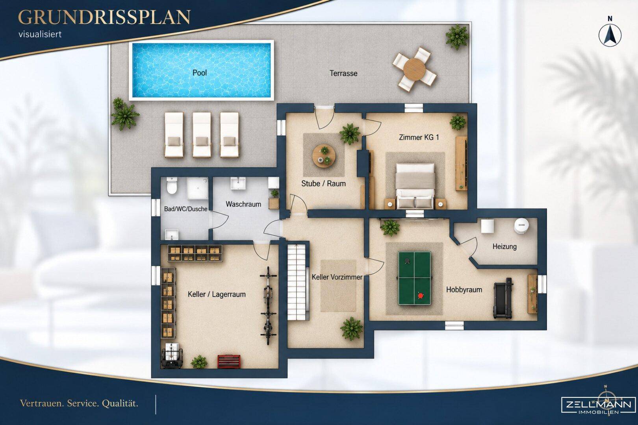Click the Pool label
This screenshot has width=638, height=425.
[x=200, y=72]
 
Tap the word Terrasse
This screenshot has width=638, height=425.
[x=343, y=73]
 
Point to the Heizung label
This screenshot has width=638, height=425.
[x=504, y=246]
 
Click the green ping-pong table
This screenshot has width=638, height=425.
[x=414, y=278]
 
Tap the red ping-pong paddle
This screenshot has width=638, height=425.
[x=421, y=296]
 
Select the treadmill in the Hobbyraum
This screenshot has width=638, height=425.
[x=503, y=298]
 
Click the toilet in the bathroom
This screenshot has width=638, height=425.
[x=172, y=185]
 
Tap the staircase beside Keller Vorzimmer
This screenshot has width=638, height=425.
[x=297, y=283]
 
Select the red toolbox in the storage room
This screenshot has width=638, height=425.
[x=229, y=362]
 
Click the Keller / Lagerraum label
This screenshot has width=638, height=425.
[x=217, y=294]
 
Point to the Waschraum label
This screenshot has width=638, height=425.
[x=243, y=204]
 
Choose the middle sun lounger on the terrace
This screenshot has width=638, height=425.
[x=202, y=135]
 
